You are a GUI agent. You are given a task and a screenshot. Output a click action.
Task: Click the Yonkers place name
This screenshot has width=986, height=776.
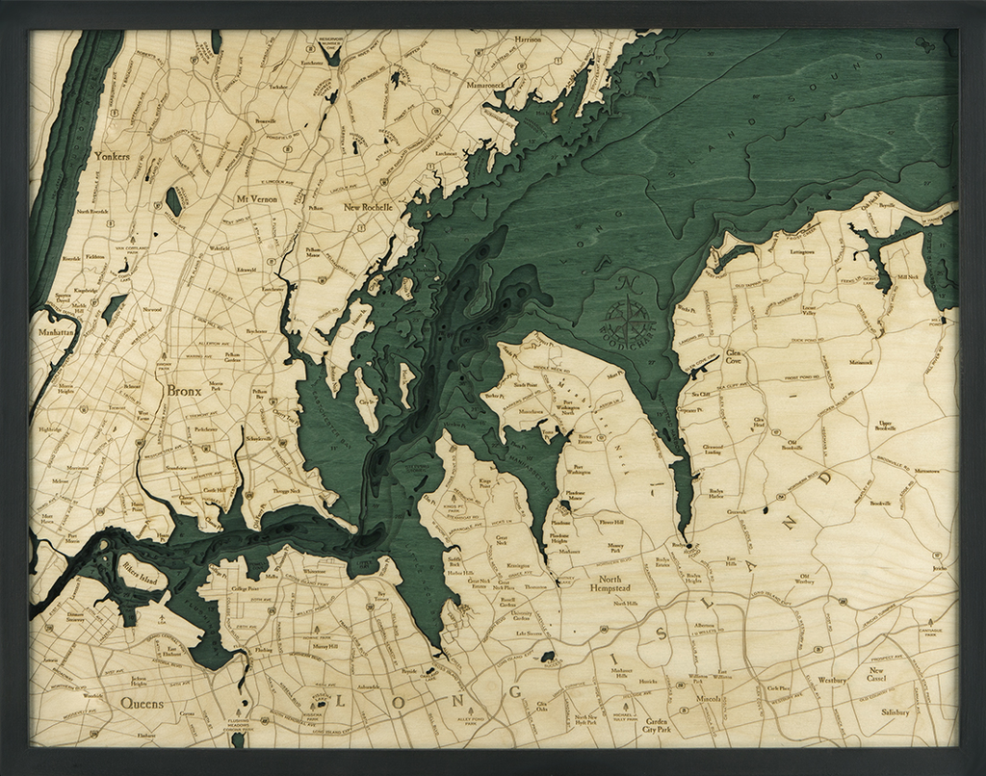coord(112,153)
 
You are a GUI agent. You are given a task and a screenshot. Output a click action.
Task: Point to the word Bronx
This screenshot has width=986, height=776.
coord(184,391)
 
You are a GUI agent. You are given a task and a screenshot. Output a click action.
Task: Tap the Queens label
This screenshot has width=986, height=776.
coord(142,704)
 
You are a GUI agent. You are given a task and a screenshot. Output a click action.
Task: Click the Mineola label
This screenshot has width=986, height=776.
coord(711,698)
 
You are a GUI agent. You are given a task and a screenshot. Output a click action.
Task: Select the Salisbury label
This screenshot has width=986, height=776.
coord(895,712)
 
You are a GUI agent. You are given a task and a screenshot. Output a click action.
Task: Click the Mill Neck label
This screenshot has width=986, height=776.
coord(908,276)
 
